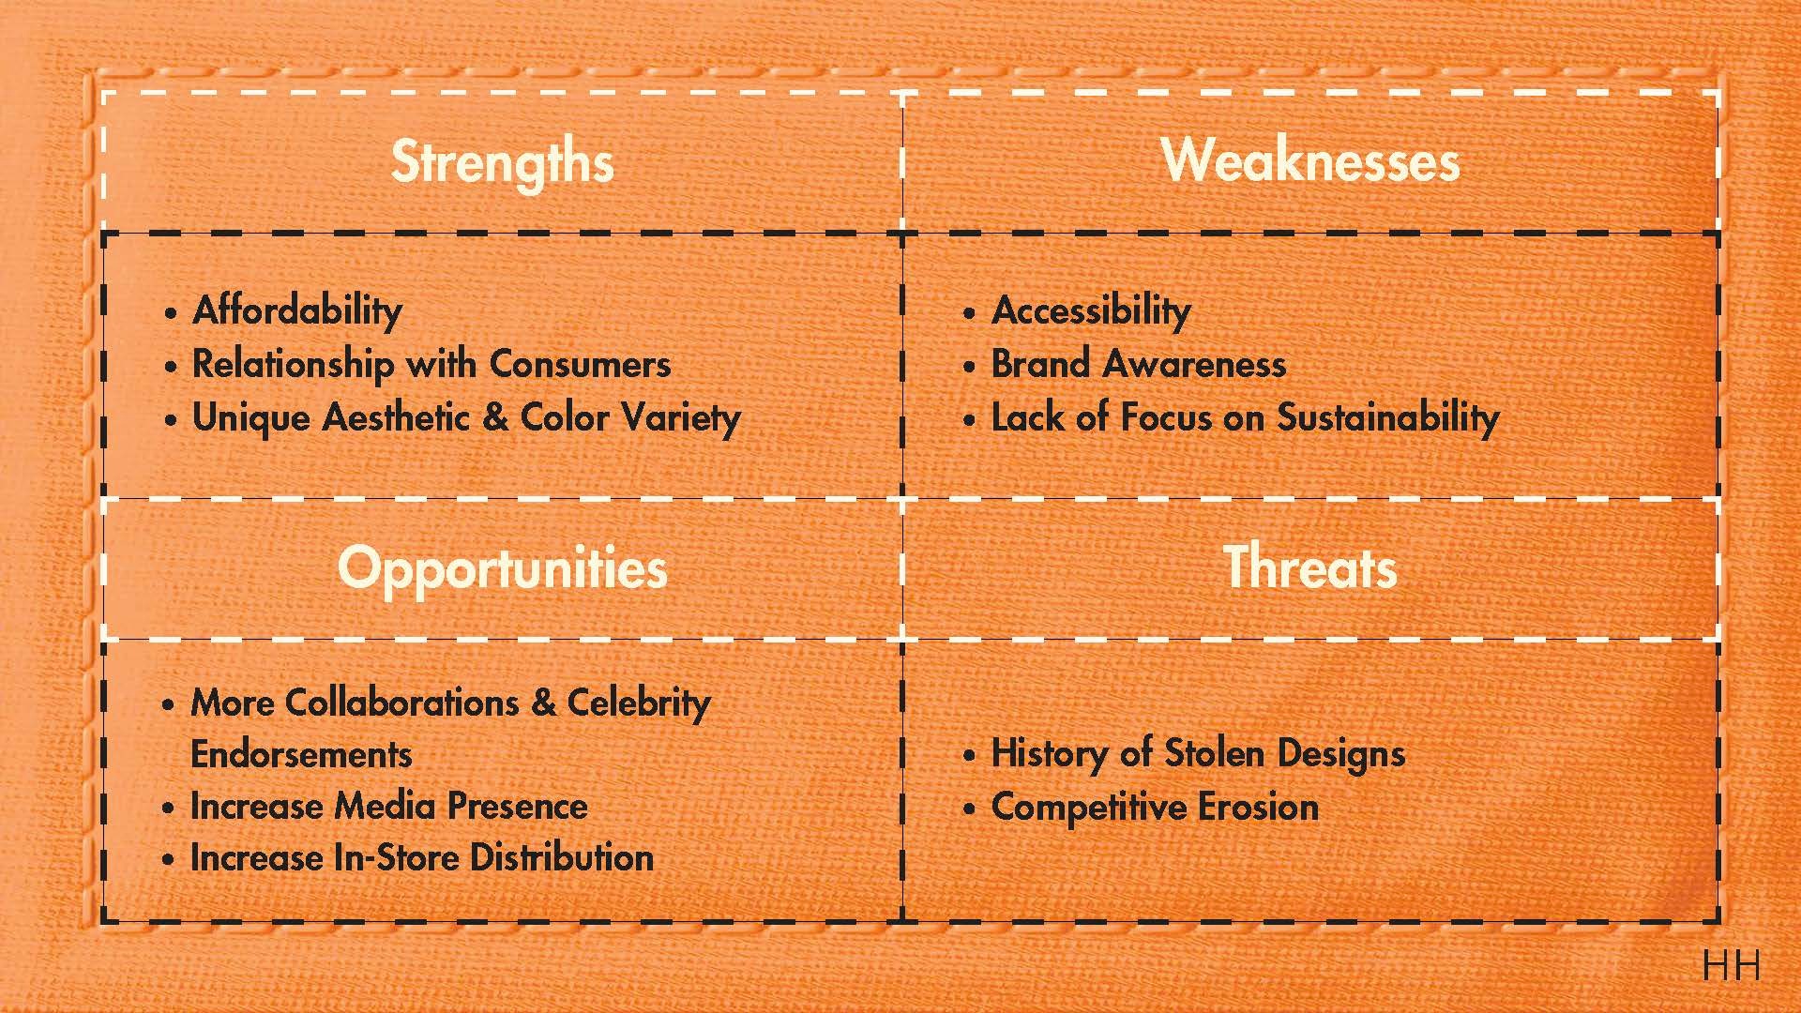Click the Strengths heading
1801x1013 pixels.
pyautogui.click(x=502, y=162)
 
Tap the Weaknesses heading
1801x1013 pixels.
pyautogui.click(x=1310, y=160)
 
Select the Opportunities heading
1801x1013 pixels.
pyautogui.click(x=502, y=569)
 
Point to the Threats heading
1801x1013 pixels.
pyautogui.click(x=1310, y=567)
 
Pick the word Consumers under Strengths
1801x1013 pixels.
pyautogui.click(x=580, y=364)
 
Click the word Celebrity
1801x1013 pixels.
pyautogui.click(x=639, y=703)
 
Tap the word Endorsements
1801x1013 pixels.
pyautogui.click(x=301, y=755)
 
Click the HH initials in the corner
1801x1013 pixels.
pyautogui.click(x=1731, y=966)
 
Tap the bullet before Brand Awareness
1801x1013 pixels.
pyautogui.click(x=970, y=366)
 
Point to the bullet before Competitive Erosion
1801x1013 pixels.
pyautogui.click(x=970, y=809)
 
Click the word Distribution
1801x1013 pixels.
pyautogui.click(x=561, y=858)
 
